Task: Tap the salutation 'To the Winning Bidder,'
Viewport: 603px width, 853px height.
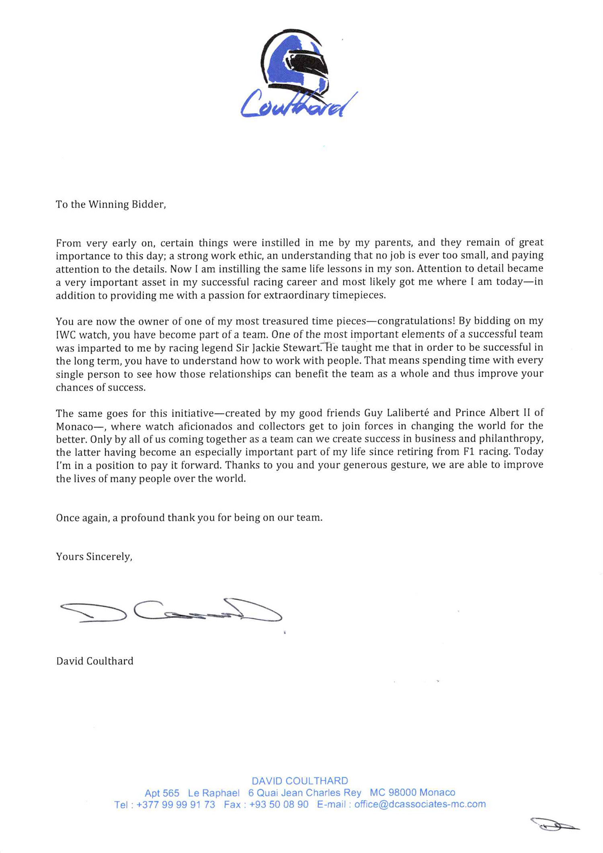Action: (x=111, y=204)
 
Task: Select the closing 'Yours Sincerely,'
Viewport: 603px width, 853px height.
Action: (x=94, y=557)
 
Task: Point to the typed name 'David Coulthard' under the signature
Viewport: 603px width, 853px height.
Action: (x=95, y=661)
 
